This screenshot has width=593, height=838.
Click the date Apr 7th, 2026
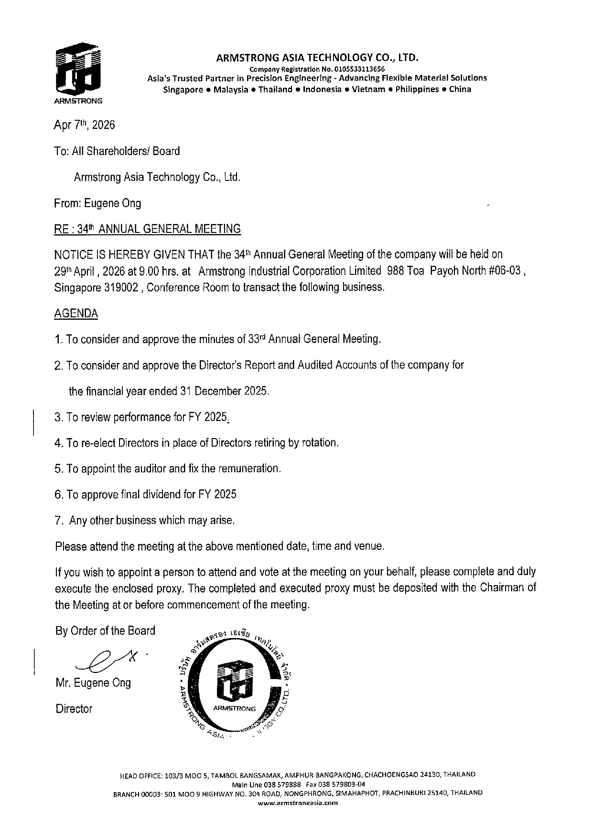pyautogui.click(x=85, y=125)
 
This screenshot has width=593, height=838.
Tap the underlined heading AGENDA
pyautogui.click(x=76, y=314)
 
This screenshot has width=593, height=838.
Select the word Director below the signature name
pyautogui.click(x=74, y=709)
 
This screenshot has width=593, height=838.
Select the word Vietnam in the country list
pyautogui.click(x=368, y=89)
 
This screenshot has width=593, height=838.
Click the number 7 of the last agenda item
pyautogui.click(x=58, y=520)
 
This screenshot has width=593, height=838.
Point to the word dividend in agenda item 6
pyautogui.click(x=161, y=494)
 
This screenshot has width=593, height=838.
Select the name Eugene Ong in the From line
pyautogui.click(x=113, y=203)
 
